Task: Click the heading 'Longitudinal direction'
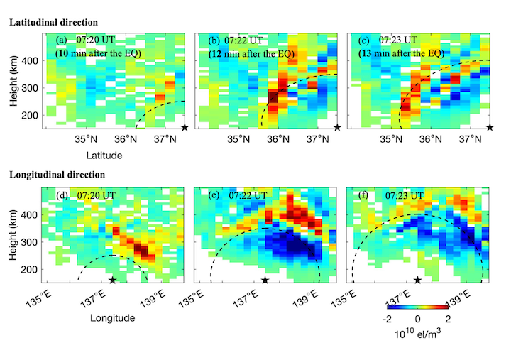pyautogui.click(x=57, y=175)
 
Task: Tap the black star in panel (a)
pyautogui.click(x=184, y=127)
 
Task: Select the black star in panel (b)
pyautogui.click(x=337, y=127)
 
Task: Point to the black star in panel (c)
pyautogui.click(x=490, y=127)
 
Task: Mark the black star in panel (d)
pyautogui.click(x=113, y=281)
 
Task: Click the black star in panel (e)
pyautogui.click(x=265, y=281)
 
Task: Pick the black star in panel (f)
pyautogui.click(x=418, y=281)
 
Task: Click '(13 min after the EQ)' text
pyautogui.click(x=405, y=53)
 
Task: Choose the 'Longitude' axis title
pyautogui.click(x=112, y=319)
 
